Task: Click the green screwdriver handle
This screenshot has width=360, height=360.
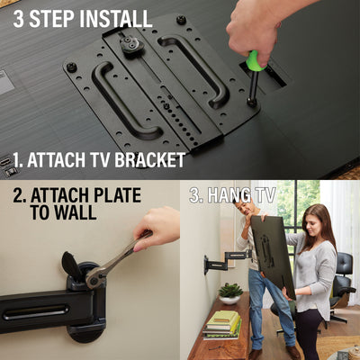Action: coord(255,60)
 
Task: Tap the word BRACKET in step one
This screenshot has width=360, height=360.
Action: coord(149,160)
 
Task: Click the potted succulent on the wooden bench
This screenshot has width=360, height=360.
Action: coord(230,293)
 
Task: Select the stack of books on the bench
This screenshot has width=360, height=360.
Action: coord(222,325)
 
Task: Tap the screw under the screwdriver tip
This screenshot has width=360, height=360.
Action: coord(251,102)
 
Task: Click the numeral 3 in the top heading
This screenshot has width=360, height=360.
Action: coord(18,19)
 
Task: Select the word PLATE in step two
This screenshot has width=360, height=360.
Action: coord(117,195)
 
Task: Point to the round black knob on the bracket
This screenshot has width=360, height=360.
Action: coord(130,46)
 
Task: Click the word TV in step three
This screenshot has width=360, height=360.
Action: coord(265,195)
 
